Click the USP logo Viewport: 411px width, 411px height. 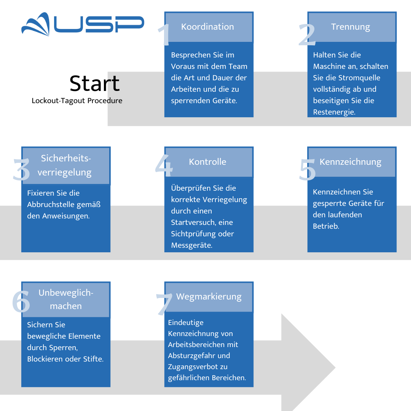(83, 24)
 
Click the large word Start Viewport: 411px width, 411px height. (94, 83)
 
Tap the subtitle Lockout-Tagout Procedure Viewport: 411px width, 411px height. (77, 100)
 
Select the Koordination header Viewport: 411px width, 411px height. (207, 27)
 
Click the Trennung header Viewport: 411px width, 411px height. (350, 27)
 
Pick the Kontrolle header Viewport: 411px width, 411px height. (207, 162)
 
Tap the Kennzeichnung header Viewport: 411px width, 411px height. (350, 162)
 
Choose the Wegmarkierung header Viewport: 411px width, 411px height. (209, 297)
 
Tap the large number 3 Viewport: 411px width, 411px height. (21, 170)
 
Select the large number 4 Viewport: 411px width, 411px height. (164, 166)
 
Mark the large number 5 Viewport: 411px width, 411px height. (307, 170)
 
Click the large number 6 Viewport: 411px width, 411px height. (21, 301)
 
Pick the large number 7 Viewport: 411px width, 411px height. (164, 304)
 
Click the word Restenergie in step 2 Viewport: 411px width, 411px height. (334, 112)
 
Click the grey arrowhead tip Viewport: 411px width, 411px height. (335, 368)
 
